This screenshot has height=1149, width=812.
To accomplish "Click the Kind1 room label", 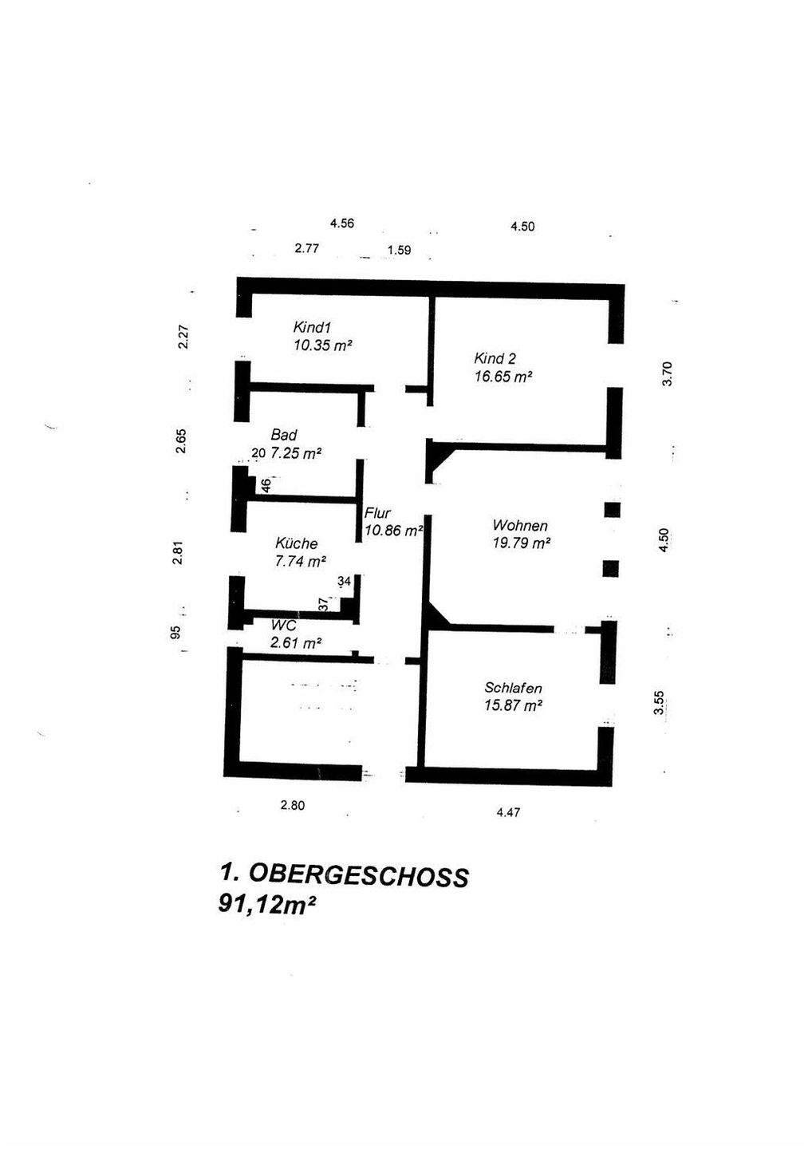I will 312,327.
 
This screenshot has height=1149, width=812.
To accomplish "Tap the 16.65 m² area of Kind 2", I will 503,377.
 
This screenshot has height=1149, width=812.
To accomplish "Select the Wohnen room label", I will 520,525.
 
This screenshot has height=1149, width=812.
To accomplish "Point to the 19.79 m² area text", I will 522,543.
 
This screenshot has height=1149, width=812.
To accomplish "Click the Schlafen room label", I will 514,688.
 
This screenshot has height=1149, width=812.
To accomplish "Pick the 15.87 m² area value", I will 514,705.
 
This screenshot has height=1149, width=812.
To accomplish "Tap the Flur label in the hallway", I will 378,514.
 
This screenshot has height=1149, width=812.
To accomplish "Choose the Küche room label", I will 296,543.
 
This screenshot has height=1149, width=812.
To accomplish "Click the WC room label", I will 284,625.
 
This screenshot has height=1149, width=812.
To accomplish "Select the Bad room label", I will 284,435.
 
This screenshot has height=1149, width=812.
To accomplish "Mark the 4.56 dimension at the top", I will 342,223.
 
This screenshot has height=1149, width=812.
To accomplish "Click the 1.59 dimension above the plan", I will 399,251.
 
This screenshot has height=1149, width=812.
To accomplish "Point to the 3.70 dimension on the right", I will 668,373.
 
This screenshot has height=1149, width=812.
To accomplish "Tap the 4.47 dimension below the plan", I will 508,813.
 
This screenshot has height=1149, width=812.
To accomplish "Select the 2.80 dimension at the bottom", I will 293,806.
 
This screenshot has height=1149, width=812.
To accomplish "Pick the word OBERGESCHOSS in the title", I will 358,875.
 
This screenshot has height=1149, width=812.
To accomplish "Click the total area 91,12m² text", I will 262,906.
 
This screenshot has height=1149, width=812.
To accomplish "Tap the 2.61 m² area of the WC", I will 296,642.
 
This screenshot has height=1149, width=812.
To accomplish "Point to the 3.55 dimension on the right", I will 659,703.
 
